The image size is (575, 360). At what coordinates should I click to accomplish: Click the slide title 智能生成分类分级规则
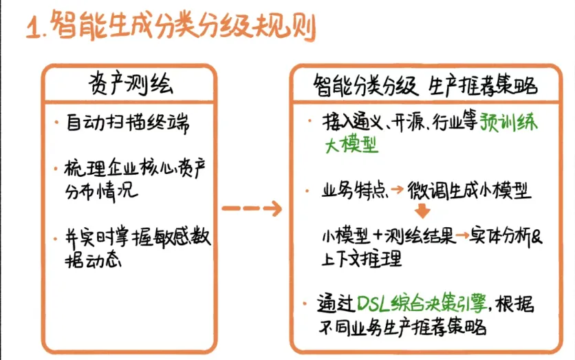tap(184, 25)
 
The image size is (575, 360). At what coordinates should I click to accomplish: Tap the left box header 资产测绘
tap(131, 84)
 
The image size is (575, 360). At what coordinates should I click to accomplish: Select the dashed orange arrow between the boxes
tap(252, 209)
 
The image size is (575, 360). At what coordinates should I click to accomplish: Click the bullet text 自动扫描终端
tap(128, 123)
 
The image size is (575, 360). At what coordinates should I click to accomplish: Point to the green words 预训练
tap(508, 123)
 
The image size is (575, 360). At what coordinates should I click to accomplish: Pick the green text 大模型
tap(351, 145)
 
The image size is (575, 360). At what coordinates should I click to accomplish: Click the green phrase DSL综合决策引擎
tap(422, 303)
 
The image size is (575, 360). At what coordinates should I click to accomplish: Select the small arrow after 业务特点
tap(397, 189)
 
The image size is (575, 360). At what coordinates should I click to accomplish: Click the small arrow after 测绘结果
tap(462, 235)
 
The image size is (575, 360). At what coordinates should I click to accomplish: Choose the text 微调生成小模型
tap(469, 190)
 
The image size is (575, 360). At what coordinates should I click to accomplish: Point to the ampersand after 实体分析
tap(536, 236)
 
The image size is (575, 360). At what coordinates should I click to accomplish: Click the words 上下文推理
tap(362, 258)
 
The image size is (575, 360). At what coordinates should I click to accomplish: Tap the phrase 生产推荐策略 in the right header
tap(483, 86)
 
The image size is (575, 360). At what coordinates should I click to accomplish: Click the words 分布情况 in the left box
tap(102, 191)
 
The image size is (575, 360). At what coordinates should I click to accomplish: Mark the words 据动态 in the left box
tap(93, 261)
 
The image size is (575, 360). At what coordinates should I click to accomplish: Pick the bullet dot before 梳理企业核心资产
tap(56, 169)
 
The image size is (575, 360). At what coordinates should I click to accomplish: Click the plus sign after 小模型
tap(378, 236)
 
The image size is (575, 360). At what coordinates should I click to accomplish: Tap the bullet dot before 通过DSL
tap(305, 304)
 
